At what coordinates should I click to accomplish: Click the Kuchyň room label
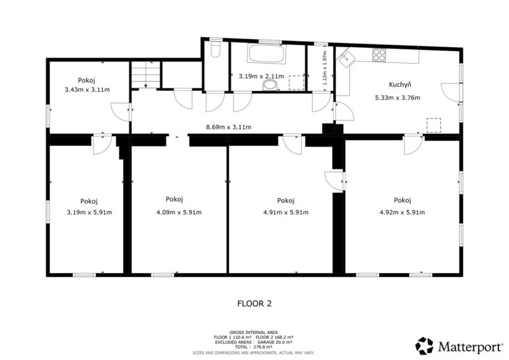click(400, 85)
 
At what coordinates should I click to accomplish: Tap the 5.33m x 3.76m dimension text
click(398, 97)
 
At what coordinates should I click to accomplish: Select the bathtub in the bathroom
click(267, 54)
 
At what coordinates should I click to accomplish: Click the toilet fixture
click(215, 48)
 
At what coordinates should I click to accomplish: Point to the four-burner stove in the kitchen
click(379, 55)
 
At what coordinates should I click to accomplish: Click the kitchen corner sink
click(347, 59)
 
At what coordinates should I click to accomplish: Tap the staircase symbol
click(146, 74)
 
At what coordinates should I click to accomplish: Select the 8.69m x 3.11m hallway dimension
click(229, 127)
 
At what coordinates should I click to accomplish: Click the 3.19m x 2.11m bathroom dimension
click(261, 77)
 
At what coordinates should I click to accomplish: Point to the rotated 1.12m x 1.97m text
click(325, 68)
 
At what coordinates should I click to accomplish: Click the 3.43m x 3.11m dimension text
click(87, 90)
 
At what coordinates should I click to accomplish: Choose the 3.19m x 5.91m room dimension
click(89, 213)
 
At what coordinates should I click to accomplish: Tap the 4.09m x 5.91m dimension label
click(179, 213)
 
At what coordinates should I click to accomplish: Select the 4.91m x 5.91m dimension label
click(286, 213)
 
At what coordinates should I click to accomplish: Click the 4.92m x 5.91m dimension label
click(402, 213)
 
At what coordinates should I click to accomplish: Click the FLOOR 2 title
click(254, 304)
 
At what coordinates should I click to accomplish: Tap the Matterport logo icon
click(424, 345)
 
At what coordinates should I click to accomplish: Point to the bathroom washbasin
click(270, 85)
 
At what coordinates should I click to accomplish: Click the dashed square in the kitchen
click(433, 125)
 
